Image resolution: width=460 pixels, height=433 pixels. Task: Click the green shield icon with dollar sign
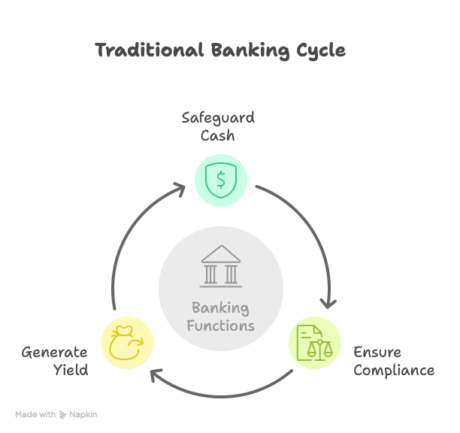[x=221, y=179]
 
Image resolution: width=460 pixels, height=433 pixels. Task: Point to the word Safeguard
[x=218, y=117]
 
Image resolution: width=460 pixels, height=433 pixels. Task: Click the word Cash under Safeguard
[x=218, y=135]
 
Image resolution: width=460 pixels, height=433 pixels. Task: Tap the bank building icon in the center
[x=221, y=265]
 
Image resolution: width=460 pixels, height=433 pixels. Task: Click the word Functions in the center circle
[x=221, y=326]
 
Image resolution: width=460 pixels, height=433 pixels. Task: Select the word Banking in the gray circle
[x=221, y=307]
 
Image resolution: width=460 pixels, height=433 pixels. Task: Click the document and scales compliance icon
[x=314, y=342]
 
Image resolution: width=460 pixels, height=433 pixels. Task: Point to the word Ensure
[x=377, y=352]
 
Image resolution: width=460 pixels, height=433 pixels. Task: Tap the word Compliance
[x=394, y=370]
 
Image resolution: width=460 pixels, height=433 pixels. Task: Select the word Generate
[x=54, y=352]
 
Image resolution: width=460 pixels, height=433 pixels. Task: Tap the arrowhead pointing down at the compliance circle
[x=328, y=303]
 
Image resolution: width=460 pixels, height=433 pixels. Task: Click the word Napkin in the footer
[x=83, y=414]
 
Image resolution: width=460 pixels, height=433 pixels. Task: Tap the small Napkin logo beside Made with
[x=63, y=414]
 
